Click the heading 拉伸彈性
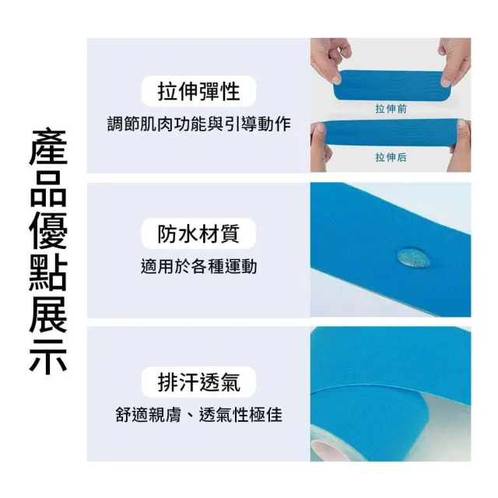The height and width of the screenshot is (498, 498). click(x=198, y=92)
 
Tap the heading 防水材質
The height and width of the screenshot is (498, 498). click(x=198, y=233)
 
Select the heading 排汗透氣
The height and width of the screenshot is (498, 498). click(x=199, y=382)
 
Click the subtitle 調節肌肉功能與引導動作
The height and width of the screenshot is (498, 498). click(x=199, y=124)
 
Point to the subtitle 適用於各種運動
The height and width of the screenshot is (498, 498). click(x=199, y=266)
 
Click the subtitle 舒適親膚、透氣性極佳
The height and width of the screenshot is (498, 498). click(x=199, y=415)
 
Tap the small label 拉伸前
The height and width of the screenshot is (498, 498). click(x=391, y=109)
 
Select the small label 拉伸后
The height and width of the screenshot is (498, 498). click(x=391, y=157)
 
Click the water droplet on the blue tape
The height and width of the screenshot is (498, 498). click(x=413, y=258)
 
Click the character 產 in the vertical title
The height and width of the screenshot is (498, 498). click(x=48, y=147)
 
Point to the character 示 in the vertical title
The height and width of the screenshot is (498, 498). click(x=48, y=356)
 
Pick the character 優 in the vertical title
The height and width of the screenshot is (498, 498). click(x=48, y=230)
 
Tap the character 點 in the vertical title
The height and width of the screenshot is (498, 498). click(x=48, y=272)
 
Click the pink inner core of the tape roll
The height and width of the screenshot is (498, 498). click(x=327, y=451)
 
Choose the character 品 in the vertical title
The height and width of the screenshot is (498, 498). click(x=48, y=188)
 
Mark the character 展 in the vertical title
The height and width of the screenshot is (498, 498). click(x=48, y=314)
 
